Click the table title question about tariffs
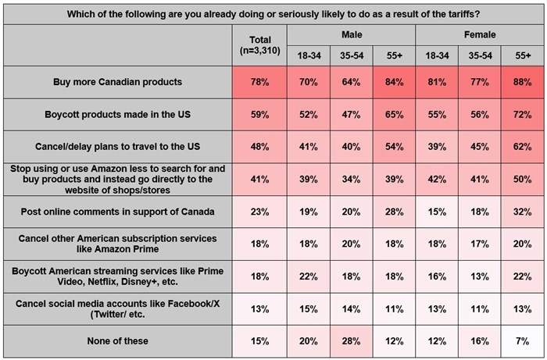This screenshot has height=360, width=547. (x=273, y=13)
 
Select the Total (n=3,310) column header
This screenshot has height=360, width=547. (x=260, y=45)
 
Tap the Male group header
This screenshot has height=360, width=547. (x=352, y=35)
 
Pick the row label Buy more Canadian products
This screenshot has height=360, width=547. (x=118, y=82)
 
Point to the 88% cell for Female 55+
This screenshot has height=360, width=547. (x=521, y=82)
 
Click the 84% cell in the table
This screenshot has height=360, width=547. (x=394, y=82)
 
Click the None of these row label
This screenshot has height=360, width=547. (x=118, y=340)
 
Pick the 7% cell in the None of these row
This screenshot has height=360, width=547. (x=521, y=340)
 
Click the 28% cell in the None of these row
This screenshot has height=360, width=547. (x=352, y=340)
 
